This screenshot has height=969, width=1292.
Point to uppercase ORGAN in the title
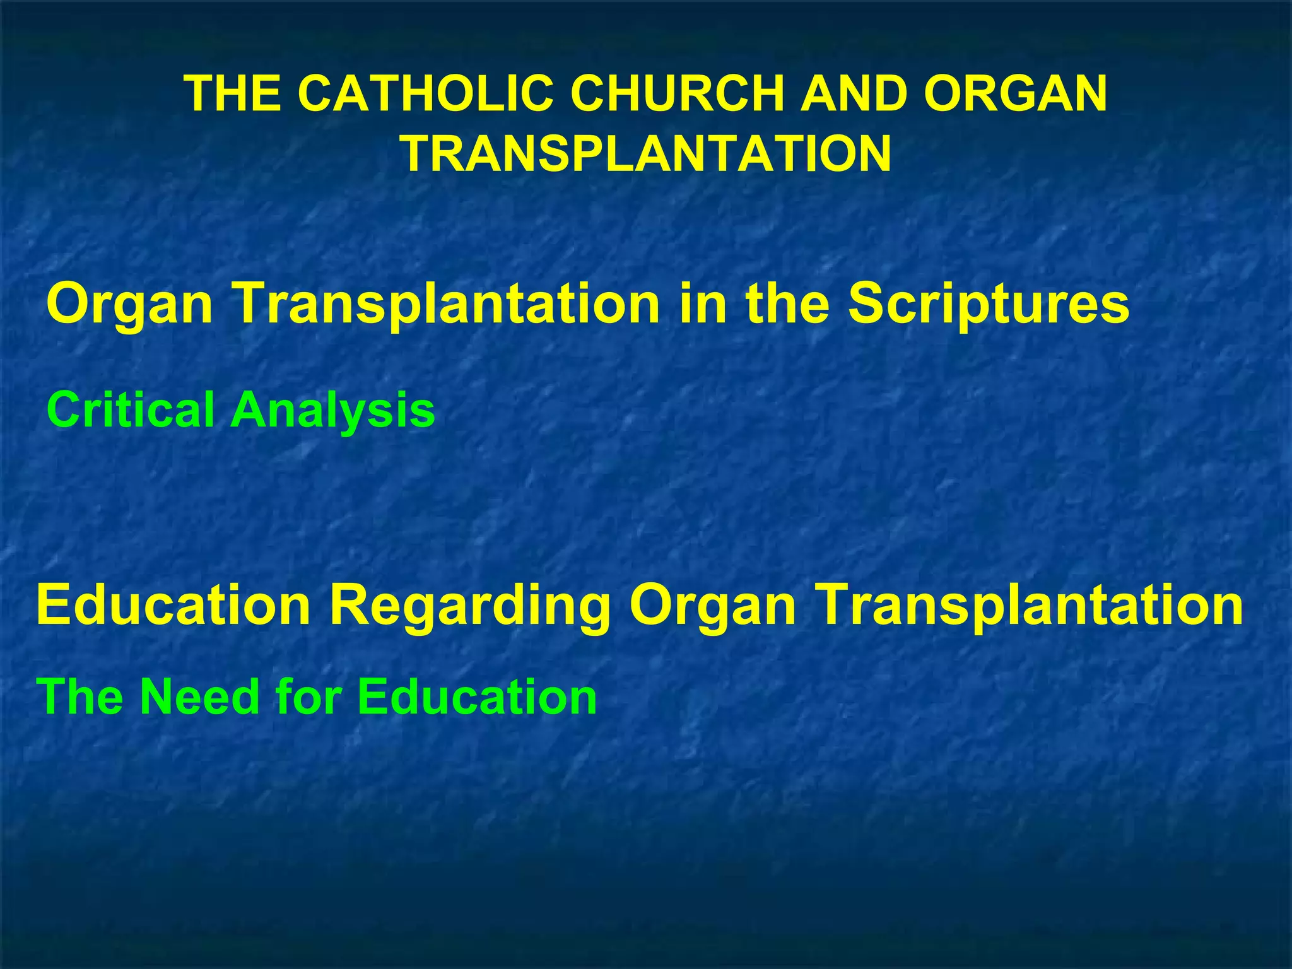1015,93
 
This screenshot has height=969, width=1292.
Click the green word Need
199,696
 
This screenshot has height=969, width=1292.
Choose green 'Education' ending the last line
477,696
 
